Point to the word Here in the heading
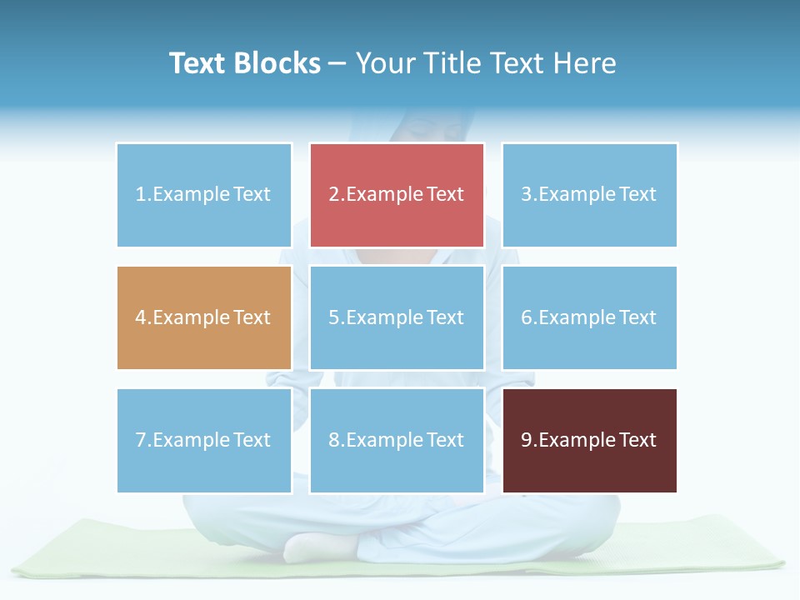[588, 63]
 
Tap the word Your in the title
[385, 63]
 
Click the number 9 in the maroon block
[527, 440]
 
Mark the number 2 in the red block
[334, 194]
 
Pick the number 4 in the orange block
[141, 317]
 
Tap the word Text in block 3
[637, 194]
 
